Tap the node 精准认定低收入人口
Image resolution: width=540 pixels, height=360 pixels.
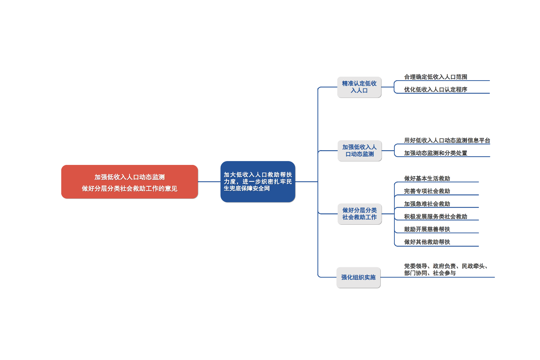pyautogui.click(x=359, y=87)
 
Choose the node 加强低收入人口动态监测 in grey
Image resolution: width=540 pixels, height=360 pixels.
pyautogui.click(x=359, y=150)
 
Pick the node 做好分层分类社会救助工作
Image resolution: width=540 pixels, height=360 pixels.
pyautogui.click(x=359, y=214)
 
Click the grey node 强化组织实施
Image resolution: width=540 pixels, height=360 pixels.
pyautogui.click(x=358, y=277)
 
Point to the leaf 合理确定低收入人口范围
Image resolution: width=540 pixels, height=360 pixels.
pyautogui.click(x=435, y=77)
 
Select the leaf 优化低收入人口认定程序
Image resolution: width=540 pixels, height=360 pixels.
pyautogui.click(x=435, y=90)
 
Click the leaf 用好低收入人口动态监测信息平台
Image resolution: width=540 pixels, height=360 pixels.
pyautogui.click(x=447, y=141)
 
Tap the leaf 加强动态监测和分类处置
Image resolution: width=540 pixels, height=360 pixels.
pyautogui.click(x=435, y=153)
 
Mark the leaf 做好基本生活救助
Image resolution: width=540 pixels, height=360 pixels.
pyautogui.click(x=427, y=178)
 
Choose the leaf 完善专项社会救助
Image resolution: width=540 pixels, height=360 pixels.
pyautogui.click(x=427, y=191)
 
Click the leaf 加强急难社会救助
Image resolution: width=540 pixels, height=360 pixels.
pyautogui.click(x=427, y=204)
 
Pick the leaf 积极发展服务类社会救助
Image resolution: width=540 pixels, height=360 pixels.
pyautogui.click(x=435, y=217)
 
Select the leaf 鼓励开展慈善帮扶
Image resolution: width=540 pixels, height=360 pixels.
pyautogui.click(x=427, y=229)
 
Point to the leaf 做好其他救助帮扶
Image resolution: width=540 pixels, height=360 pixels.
pyautogui.click(x=427, y=242)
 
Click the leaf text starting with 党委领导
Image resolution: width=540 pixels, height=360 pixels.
pyautogui.click(x=446, y=270)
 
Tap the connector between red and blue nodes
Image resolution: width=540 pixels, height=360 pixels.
pyautogui.click(x=209, y=182)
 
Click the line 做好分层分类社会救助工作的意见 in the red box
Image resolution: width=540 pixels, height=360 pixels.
pyautogui.click(x=129, y=189)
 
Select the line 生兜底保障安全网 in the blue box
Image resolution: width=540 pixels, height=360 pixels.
pyautogui.click(x=247, y=189)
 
